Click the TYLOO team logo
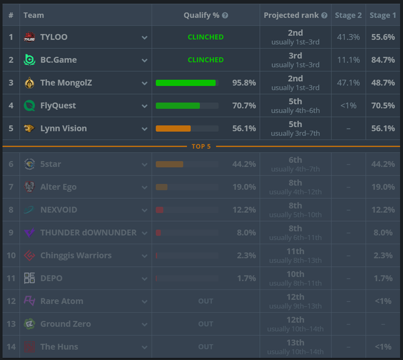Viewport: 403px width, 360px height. coord(29,37)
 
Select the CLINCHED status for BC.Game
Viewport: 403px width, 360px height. coord(206,60)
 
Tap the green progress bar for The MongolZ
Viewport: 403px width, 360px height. coord(185,83)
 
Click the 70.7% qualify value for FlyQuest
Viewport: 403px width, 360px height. coord(244,106)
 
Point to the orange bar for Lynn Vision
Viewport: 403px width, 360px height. coord(173,128)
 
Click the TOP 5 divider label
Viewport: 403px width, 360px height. coord(201,147)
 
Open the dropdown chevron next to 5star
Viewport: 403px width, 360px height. coord(145,165)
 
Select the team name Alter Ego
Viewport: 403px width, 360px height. coord(58,187)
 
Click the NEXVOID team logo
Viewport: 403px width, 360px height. coord(29,210)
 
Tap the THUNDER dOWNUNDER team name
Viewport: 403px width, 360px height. coord(89,233)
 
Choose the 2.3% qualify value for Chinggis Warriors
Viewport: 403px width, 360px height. coord(246,256)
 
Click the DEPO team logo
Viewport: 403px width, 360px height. coord(29,278)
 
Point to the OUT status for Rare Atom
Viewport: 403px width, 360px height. coord(206,301)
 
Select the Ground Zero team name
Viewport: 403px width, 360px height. coord(65,324)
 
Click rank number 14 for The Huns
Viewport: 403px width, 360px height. coord(11,347)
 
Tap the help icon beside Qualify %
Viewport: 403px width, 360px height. coord(225,16)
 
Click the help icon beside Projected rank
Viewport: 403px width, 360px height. coord(324,16)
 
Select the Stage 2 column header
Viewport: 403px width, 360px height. coord(348,16)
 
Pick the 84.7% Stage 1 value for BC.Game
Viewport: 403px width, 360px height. coord(383,60)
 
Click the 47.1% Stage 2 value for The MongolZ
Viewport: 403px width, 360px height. coord(348,83)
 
